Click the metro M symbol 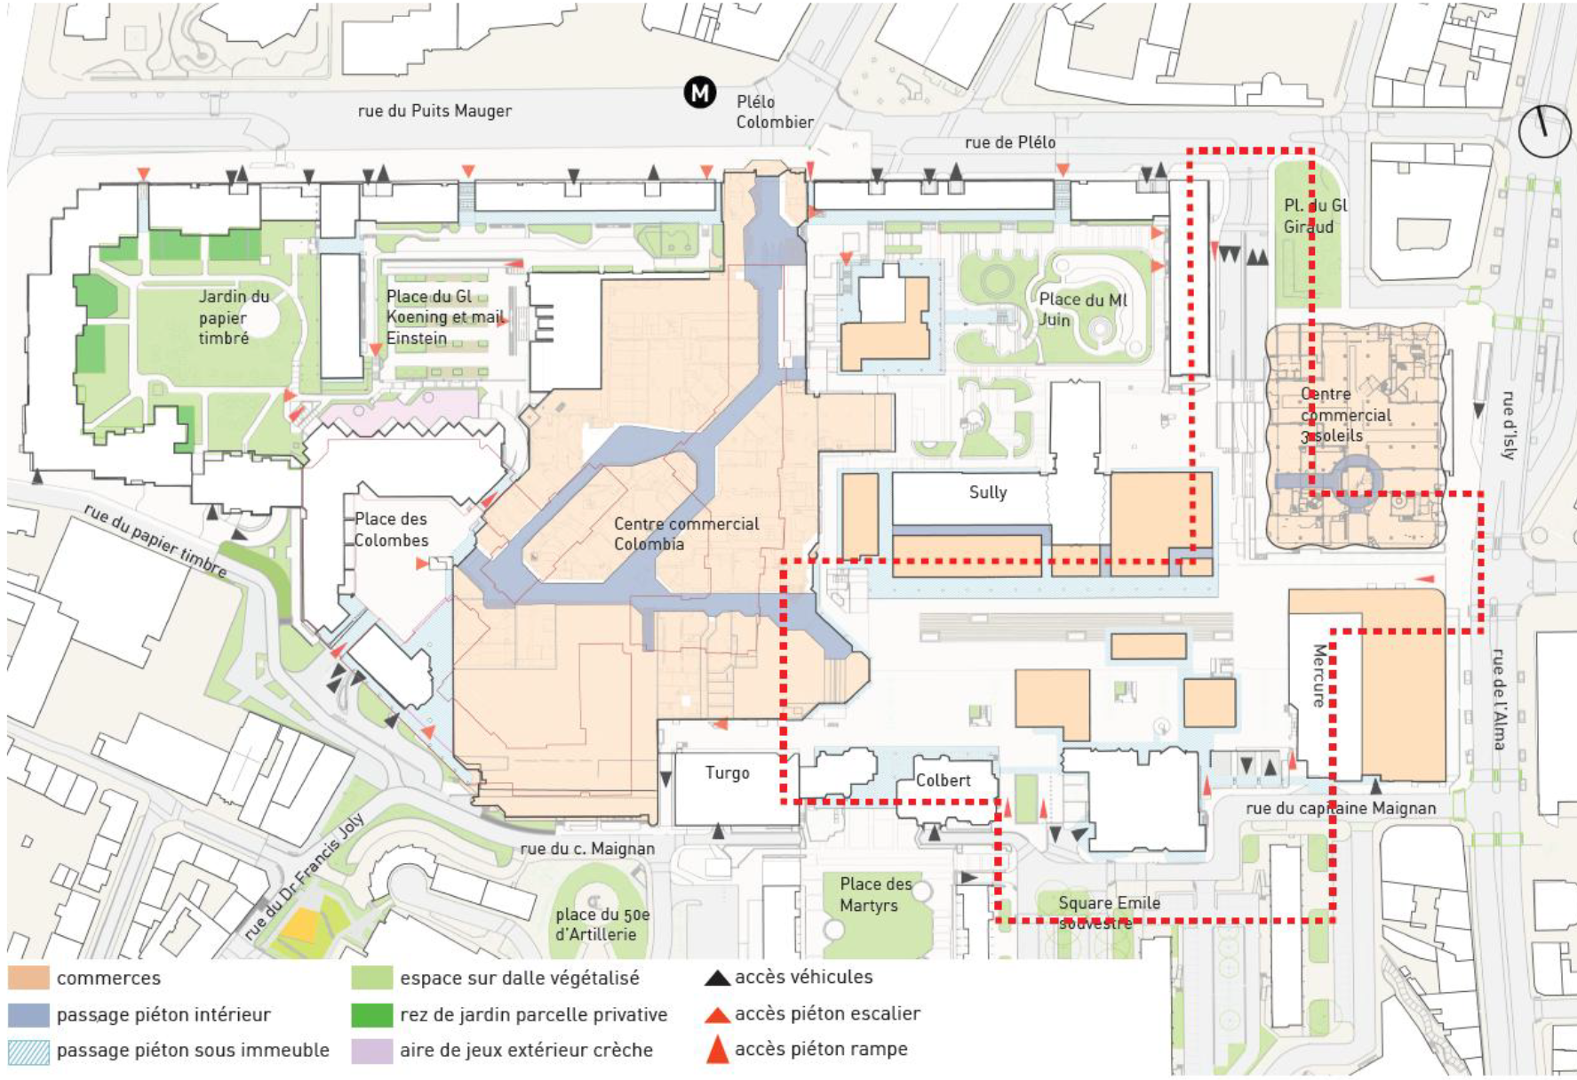[x=700, y=92]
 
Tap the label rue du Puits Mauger [x=434, y=111]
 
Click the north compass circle [x=1544, y=132]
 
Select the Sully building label [x=987, y=492]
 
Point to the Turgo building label [x=727, y=773]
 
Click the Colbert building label [x=943, y=780]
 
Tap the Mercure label [x=1319, y=676]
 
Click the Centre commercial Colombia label [x=685, y=534]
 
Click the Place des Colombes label [x=391, y=530]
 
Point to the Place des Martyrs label [x=874, y=894]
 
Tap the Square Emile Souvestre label [x=1108, y=912]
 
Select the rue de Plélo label [x=1010, y=142]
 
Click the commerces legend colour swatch [x=28, y=978]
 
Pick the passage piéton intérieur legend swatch [x=28, y=1014]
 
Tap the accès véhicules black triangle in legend [x=716, y=978]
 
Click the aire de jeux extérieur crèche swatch [x=371, y=1051]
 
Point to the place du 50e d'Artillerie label [x=602, y=924]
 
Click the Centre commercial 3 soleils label [x=1344, y=415]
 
